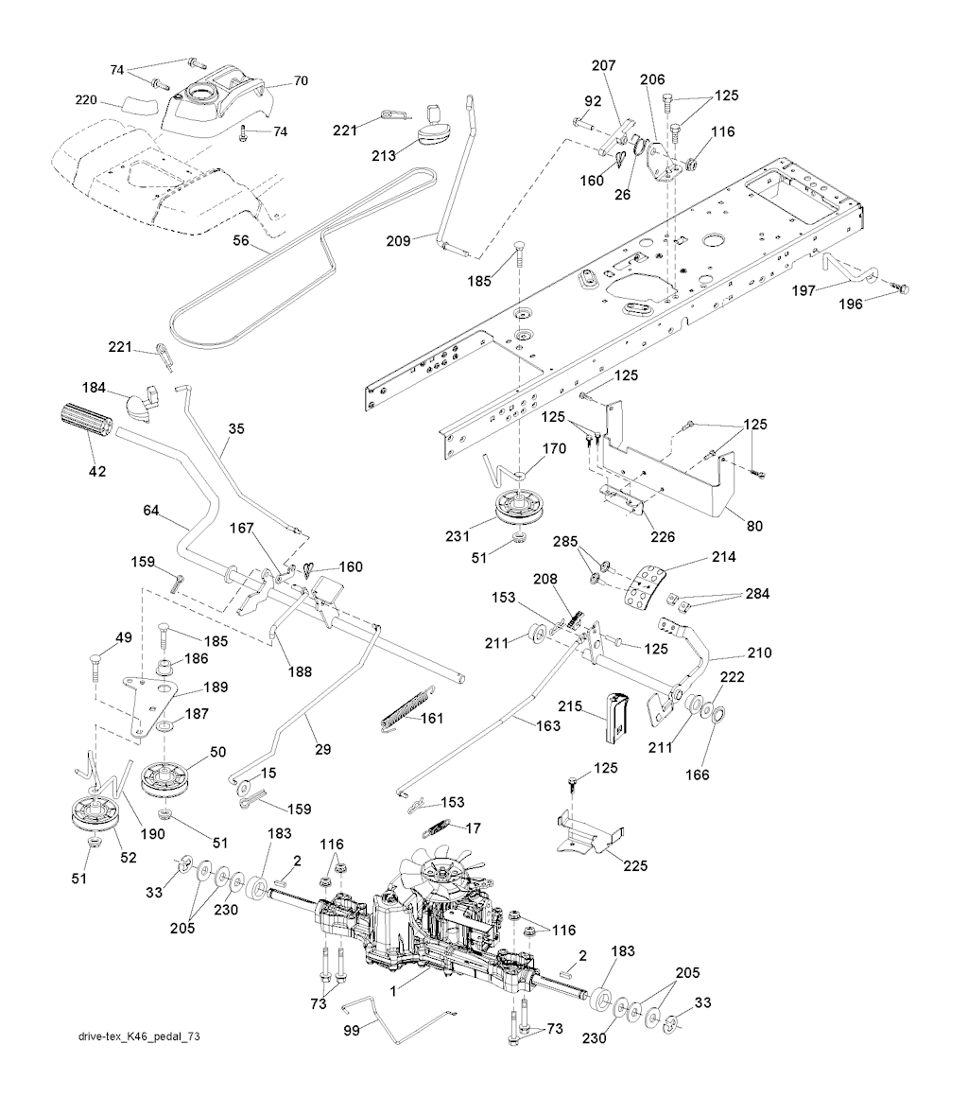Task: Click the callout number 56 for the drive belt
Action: click(x=241, y=241)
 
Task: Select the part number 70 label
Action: click(x=301, y=81)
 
